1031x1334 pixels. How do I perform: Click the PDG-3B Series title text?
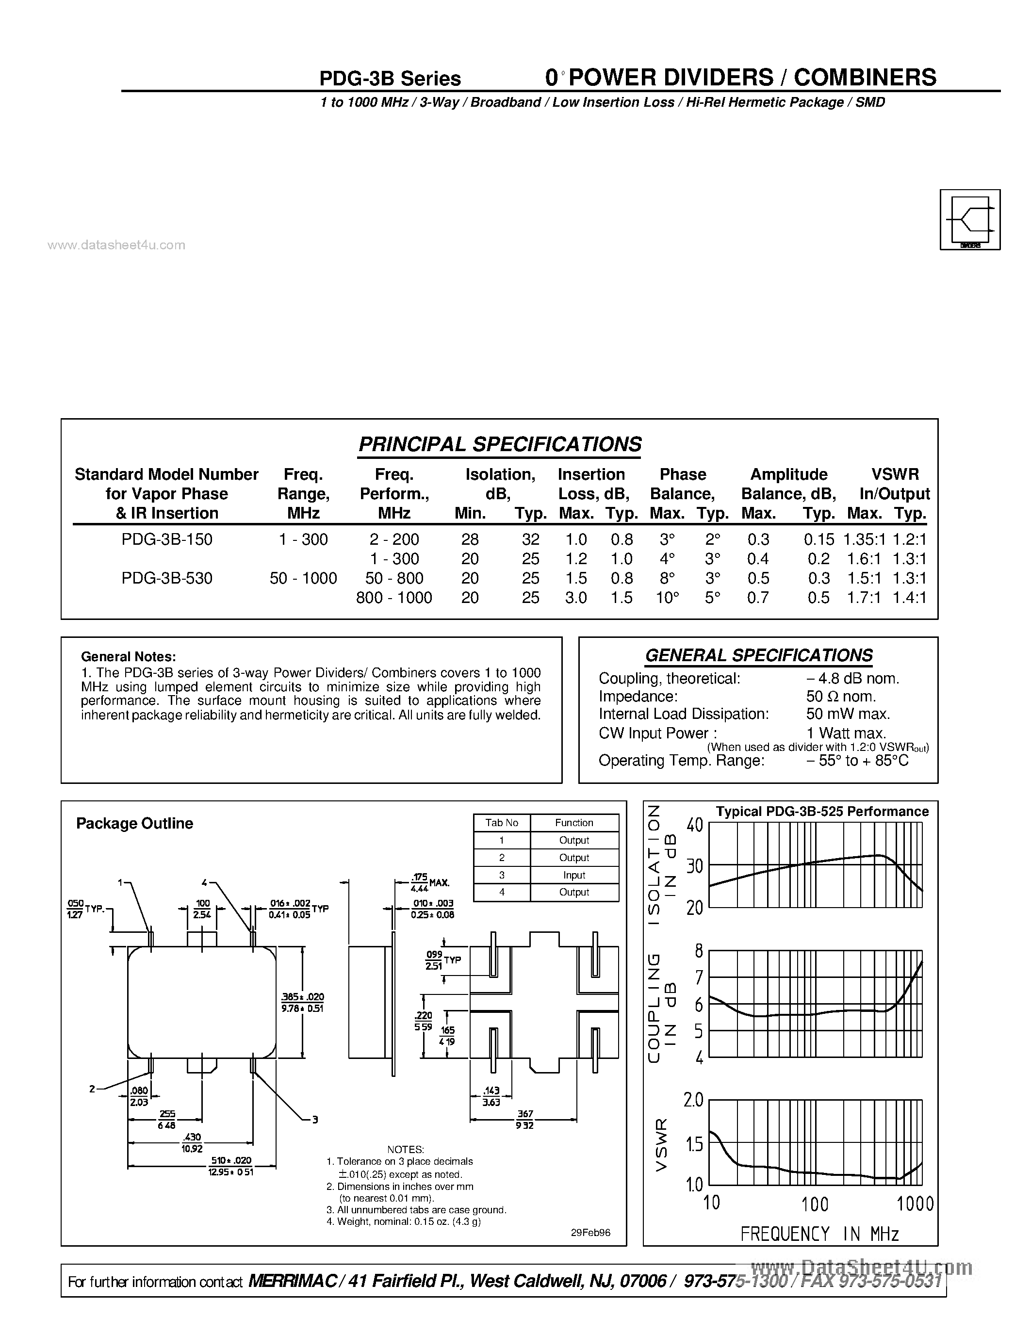point(390,79)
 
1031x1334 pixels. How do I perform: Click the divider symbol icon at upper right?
point(970,219)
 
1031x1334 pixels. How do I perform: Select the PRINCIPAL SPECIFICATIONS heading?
point(500,444)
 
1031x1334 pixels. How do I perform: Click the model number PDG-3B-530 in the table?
point(167,578)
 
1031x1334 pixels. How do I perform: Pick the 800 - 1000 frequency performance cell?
point(394,597)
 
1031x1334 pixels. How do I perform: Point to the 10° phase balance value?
point(667,597)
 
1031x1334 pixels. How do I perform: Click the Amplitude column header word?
point(788,474)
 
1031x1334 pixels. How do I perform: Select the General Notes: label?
point(128,657)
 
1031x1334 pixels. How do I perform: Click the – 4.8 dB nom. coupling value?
point(852,679)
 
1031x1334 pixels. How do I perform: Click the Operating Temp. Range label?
point(681,761)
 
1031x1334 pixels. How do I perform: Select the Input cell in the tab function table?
point(574,875)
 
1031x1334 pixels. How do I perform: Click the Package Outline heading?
point(134,823)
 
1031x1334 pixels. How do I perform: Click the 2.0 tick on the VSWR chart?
point(694,1100)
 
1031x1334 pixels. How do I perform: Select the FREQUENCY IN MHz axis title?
point(819,1235)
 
